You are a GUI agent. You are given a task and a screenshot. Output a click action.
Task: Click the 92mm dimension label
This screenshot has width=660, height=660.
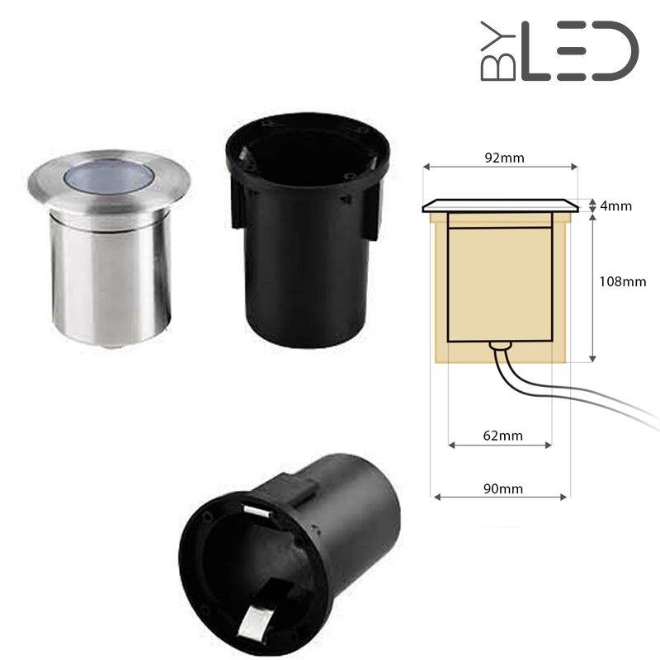click(x=500, y=156)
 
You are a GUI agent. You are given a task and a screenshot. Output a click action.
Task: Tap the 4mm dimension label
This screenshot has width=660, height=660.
click(x=615, y=205)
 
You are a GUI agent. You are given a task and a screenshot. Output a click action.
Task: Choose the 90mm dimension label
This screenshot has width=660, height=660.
click(x=501, y=488)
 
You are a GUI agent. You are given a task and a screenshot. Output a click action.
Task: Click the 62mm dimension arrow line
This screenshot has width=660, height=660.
click(x=500, y=445)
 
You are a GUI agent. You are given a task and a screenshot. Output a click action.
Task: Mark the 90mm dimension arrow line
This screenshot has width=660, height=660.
click(x=501, y=497)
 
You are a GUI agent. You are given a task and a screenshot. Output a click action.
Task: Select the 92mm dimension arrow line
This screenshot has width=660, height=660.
click(x=500, y=167)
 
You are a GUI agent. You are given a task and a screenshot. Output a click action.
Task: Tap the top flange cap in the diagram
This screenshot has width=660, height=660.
click(x=500, y=205)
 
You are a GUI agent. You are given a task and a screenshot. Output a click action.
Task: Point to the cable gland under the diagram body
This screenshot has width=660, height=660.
click(x=497, y=346)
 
